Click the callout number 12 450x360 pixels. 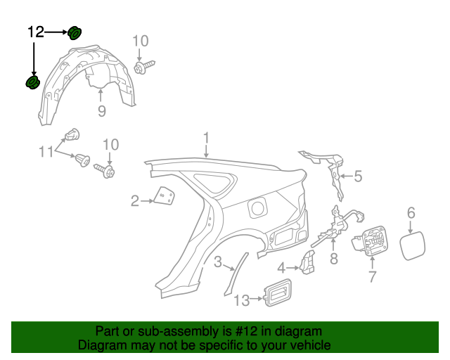pos(36,32)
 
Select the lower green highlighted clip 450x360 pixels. pos(32,83)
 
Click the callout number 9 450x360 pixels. pos(101,111)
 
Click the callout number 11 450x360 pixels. pos(46,150)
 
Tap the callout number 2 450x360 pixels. pos(134,202)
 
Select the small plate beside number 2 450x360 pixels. pos(165,196)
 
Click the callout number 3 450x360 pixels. pos(218,263)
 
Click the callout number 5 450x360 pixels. pos(358,176)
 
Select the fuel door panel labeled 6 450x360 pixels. pos(412,243)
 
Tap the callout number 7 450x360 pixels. pos(372,277)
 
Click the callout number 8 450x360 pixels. pos(334,259)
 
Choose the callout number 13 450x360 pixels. pos(241,300)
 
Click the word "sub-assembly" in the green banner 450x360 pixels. pos(160,331)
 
